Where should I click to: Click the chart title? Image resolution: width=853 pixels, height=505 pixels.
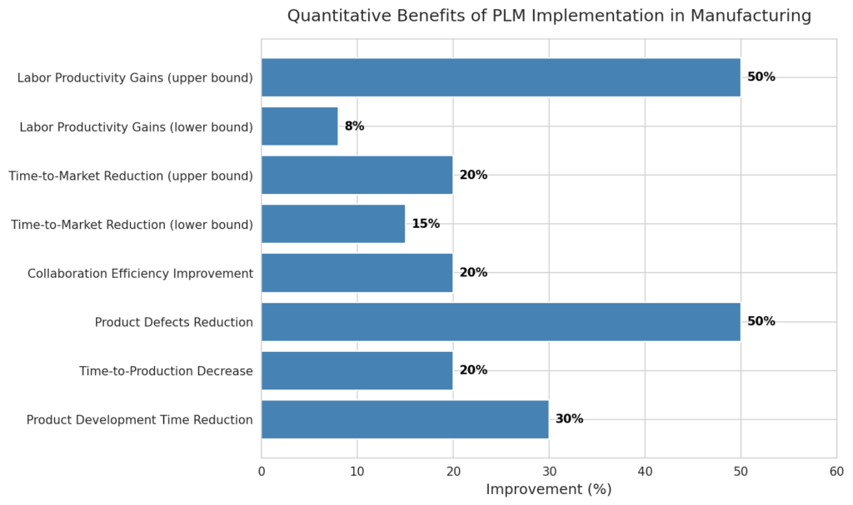coord(549,16)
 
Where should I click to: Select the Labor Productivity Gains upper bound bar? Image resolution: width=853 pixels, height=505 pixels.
coord(501,77)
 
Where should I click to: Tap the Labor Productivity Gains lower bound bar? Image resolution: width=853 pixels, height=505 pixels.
coord(300,126)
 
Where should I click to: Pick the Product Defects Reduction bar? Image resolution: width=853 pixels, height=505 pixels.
coord(501,322)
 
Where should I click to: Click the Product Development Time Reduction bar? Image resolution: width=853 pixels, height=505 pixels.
coord(405,419)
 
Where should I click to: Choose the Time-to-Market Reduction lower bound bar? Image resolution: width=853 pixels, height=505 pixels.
coord(333,224)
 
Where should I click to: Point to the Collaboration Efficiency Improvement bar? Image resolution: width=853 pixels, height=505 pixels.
coord(357,273)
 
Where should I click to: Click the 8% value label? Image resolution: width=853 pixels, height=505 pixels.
coord(354,126)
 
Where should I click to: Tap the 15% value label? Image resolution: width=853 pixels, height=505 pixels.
coord(426,224)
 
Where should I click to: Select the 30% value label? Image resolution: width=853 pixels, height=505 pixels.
coord(569,419)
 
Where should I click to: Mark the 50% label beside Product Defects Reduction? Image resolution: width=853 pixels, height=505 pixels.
coord(761,322)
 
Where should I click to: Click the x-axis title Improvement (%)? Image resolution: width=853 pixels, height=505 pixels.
coord(549,489)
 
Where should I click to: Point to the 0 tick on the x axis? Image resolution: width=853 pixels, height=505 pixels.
coord(262,471)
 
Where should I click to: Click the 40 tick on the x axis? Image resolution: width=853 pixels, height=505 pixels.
coord(645,471)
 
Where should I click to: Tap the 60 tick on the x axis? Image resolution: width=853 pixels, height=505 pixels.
coord(836,471)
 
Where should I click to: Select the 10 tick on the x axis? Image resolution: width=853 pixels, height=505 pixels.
coord(357,471)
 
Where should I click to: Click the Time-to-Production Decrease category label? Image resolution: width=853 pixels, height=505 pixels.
coord(166,371)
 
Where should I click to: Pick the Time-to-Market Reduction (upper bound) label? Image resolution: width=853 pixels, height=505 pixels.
coord(131,176)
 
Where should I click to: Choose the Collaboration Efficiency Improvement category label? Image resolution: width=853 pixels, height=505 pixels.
coord(140,273)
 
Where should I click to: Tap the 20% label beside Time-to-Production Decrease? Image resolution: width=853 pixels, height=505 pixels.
coord(473,370)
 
